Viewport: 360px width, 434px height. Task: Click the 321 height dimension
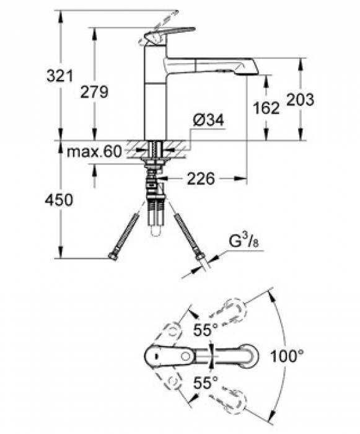[60, 77]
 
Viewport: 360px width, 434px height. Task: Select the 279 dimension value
[95, 92]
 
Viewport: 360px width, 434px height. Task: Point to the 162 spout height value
[267, 108]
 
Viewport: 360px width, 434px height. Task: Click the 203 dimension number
[300, 99]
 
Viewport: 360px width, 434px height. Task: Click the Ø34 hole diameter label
[205, 122]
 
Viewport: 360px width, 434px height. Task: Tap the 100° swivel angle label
[288, 356]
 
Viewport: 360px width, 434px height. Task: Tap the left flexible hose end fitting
[113, 257]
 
